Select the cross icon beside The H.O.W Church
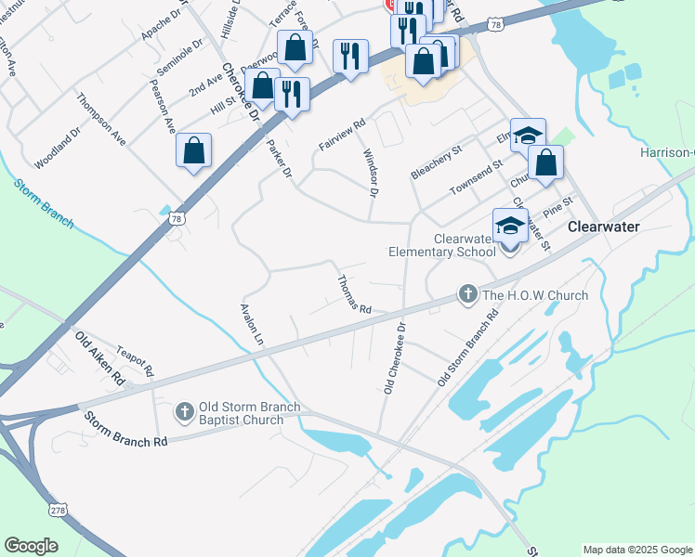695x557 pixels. click(468, 295)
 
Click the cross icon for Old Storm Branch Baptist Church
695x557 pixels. click(185, 410)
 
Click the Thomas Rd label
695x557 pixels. click(354, 294)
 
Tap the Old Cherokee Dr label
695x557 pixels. click(396, 358)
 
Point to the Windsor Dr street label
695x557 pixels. click(370, 174)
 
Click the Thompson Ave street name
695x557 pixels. click(101, 119)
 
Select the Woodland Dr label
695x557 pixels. click(59, 148)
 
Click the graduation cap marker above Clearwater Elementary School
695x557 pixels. click(510, 225)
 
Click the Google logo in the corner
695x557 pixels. click(32, 546)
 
